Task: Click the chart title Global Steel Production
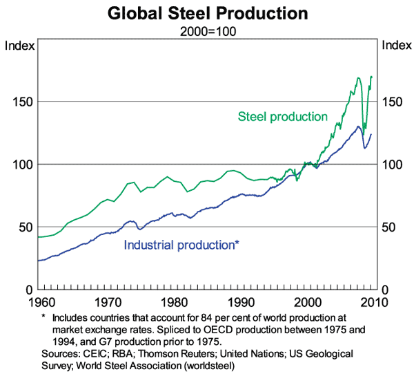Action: (207, 14)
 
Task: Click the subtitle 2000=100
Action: (207, 31)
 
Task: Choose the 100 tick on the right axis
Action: (393, 165)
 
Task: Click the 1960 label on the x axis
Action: (39, 302)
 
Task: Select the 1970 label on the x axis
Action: (106, 302)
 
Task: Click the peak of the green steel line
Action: (371, 76)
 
